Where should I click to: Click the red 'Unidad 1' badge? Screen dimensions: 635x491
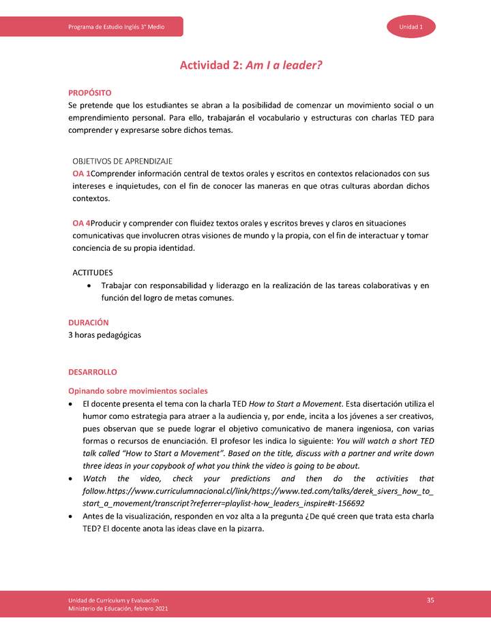(411, 27)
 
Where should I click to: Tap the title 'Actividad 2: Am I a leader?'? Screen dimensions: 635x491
(250, 65)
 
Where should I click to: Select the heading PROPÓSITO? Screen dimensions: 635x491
(90, 93)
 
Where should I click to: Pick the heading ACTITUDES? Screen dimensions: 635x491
(93, 272)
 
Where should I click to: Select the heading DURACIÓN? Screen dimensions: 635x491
(89, 322)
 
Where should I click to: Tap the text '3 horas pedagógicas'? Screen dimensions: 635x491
(105, 335)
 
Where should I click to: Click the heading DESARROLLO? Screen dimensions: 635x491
(93, 372)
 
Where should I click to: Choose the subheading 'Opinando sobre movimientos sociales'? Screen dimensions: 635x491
(138, 391)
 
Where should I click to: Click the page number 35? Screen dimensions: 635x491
(430, 600)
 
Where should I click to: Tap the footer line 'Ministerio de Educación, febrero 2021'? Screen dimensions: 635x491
(118, 608)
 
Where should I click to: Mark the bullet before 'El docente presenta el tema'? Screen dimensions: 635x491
(72, 404)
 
